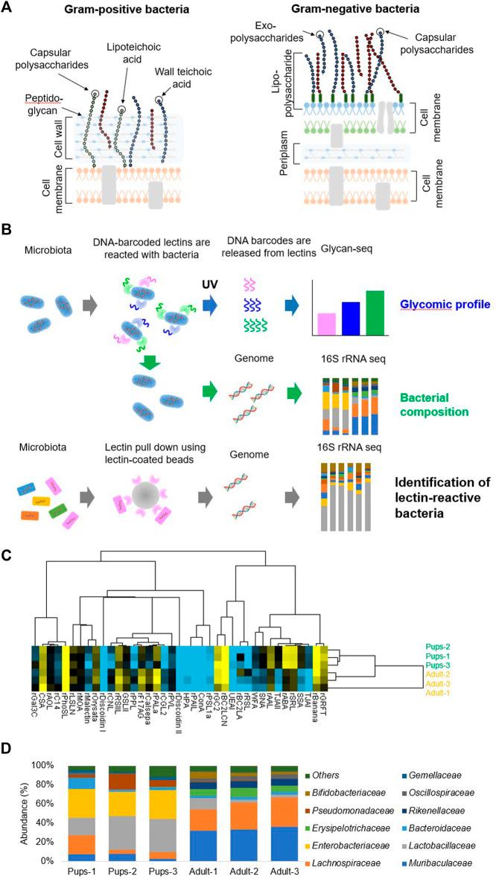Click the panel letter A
point(10,9)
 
